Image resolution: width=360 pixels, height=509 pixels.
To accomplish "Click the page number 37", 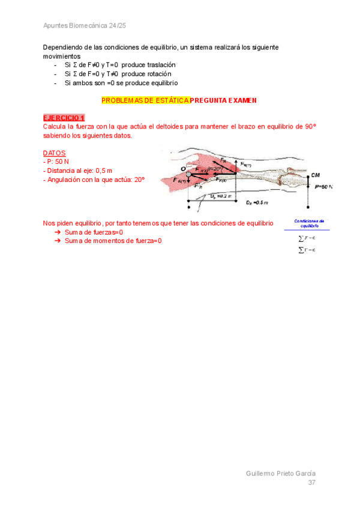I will coord(311,483).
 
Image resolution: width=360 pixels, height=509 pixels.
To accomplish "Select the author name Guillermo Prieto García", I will coord(281,473).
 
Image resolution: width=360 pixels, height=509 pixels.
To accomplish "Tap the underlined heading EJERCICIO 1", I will coord(64,118).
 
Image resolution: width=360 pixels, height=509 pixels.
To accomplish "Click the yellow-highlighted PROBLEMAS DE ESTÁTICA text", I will coord(145,101).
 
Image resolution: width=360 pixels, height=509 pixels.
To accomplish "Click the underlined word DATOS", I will coord(55,153).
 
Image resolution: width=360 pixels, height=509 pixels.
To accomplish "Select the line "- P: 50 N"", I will coord(57,162).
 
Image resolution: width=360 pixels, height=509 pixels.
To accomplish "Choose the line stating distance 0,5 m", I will coord(78,170).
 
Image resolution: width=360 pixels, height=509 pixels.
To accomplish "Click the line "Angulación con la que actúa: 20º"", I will coord(94,179).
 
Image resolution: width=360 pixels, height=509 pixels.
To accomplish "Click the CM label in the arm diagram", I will coord(316,175).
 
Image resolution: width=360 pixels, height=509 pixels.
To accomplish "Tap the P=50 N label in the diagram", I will coord(323,187).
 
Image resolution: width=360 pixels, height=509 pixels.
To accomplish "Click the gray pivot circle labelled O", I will coord(188,174).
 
